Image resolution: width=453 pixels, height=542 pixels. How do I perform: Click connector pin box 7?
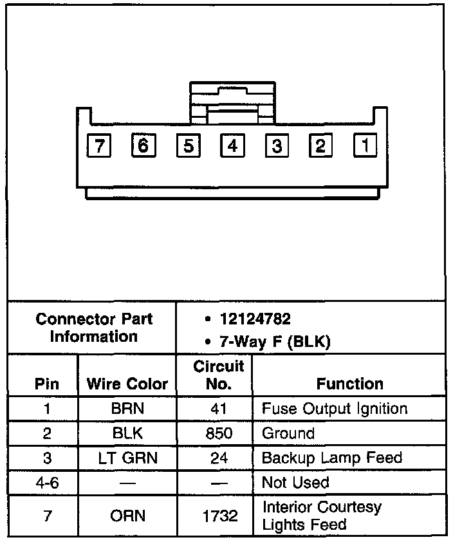[x=98, y=146]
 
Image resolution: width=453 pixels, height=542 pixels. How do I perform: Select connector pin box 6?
[x=143, y=145]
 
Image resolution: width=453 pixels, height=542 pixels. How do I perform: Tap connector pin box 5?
[x=188, y=146]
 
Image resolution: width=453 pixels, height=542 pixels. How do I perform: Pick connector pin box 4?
[x=232, y=146]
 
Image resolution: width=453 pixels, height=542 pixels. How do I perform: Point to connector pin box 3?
[x=277, y=146]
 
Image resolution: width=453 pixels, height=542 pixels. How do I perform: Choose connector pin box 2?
[x=320, y=146]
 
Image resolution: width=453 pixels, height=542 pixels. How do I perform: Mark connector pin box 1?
[x=365, y=145]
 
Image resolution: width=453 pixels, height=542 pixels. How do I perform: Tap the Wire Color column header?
[x=127, y=384]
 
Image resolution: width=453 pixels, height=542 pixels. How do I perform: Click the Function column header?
[x=349, y=384]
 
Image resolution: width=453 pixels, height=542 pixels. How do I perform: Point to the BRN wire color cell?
[x=127, y=409]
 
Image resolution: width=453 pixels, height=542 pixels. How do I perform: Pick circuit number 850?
[x=219, y=433]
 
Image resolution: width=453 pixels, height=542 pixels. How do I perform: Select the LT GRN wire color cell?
[x=127, y=458]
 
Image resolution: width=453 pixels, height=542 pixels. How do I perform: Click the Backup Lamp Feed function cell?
[x=331, y=458]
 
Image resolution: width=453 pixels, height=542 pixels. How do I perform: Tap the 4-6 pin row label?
[x=46, y=483]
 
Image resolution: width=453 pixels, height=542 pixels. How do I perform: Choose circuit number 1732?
[x=219, y=516]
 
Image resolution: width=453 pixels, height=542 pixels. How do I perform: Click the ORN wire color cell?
[x=127, y=516]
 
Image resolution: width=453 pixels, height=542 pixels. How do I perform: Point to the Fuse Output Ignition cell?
[x=334, y=409]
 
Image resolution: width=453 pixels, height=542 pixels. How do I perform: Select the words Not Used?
[x=295, y=483]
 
